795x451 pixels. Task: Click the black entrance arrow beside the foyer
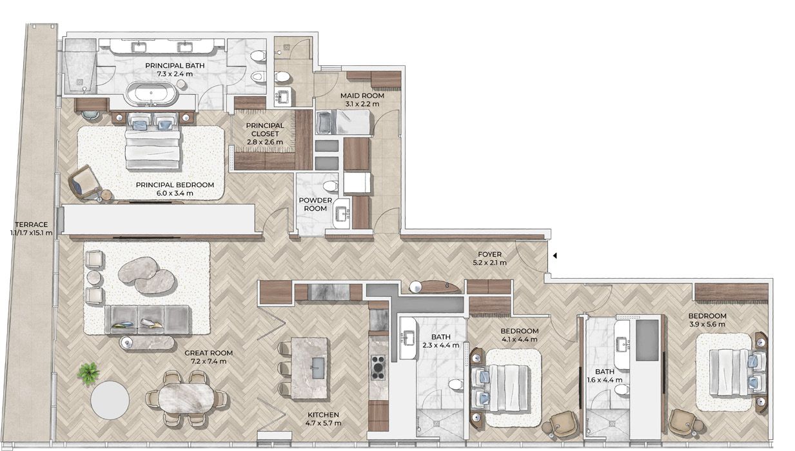(x=555, y=256)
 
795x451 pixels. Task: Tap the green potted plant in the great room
(x=88, y=374)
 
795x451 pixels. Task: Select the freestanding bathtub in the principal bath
(x=152, y=94)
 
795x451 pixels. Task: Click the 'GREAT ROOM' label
(x=209, y=353)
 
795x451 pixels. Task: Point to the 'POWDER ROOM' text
(x=315, y=205)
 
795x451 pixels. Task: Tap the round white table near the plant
(x=110, y=400)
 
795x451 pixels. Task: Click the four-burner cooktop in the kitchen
(x=378, y=367)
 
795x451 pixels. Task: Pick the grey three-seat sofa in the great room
(x=148, y=319)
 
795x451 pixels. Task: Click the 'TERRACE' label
(x=31, y=225)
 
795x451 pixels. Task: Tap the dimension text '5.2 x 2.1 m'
(x=490, y=263)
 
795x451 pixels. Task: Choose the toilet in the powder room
(x=331, y=186)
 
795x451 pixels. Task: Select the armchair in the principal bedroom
(x=84, y=182)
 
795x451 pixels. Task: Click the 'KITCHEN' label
(x=323, y=415)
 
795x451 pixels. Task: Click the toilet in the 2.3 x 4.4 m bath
(x=455, y=384)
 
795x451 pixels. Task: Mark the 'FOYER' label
(x=490, y=254)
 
